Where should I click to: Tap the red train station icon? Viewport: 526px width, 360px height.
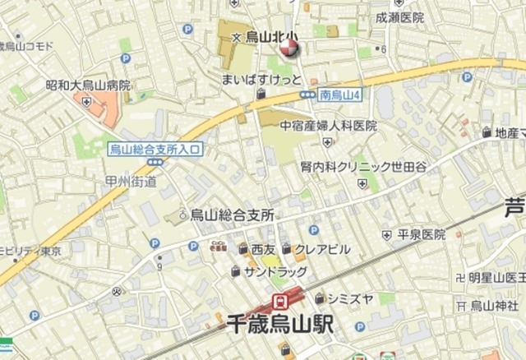[279, 299]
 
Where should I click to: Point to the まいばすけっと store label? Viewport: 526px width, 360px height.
[262, 80]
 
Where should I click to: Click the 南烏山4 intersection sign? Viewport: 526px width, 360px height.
[339, 95]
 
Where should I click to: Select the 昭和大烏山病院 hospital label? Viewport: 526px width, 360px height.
[88, 85]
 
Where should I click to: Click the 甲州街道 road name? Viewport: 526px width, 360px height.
[131, 182]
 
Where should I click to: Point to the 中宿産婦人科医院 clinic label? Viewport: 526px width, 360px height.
[328, 126]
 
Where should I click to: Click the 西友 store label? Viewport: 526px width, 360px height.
[263, 249]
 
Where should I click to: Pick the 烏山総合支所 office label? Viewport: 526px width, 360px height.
[232, 215]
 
